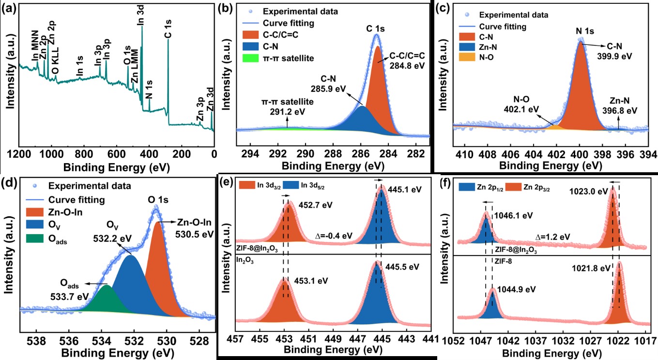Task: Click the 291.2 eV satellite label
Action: coord(288,112)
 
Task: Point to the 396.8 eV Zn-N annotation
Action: coord(620,110)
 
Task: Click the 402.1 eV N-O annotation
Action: coord(526,109)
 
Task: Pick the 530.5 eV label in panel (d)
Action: coord(196,234)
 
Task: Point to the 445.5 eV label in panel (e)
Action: coord(403,267)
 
